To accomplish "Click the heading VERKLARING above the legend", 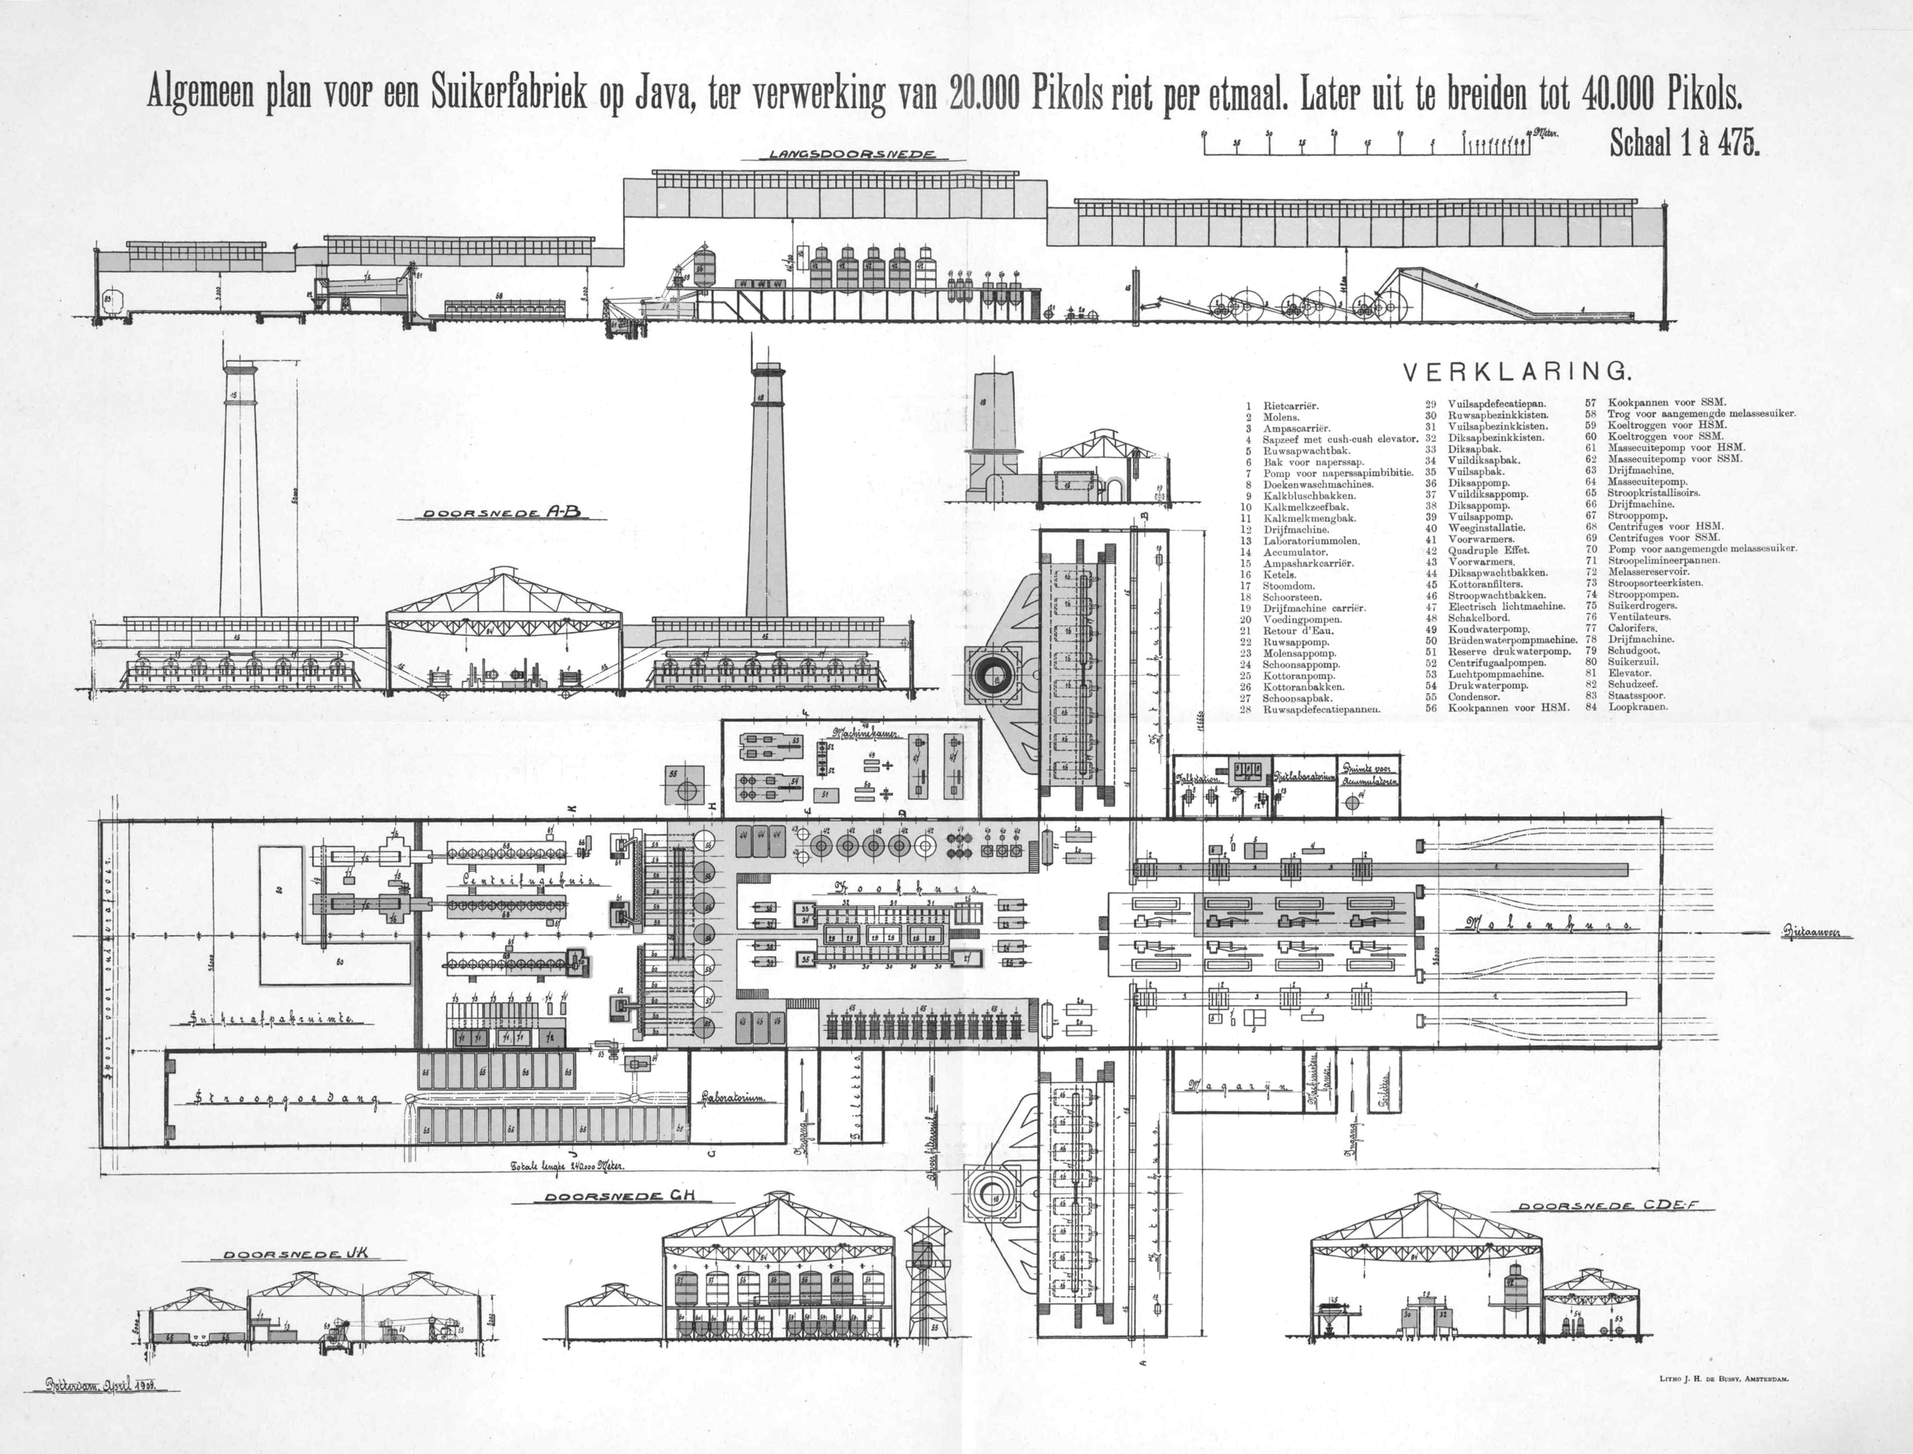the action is click(x=1517, y=372).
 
